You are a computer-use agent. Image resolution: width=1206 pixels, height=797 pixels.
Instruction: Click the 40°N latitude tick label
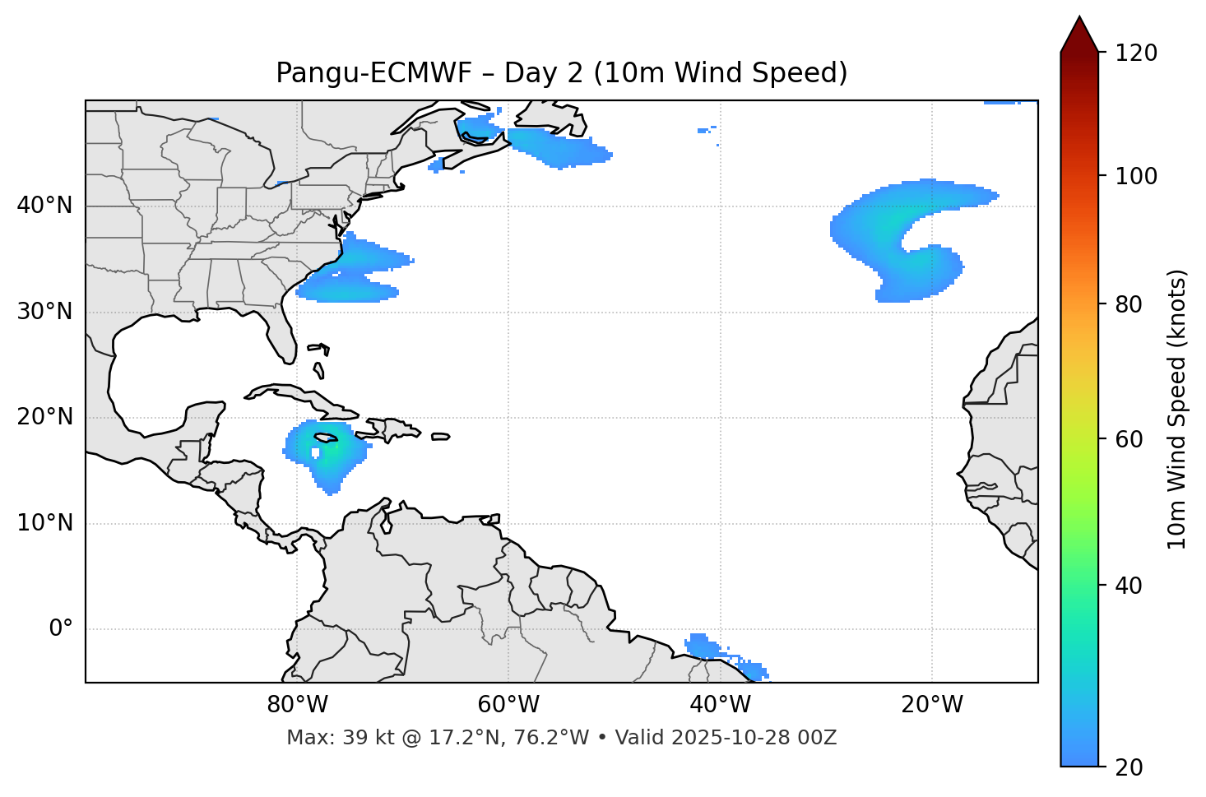(x=44, y=206)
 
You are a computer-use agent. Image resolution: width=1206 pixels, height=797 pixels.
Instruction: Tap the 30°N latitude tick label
(x=44, y=312)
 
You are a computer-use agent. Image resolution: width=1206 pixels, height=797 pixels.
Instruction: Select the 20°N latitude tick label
(x=44, y=417)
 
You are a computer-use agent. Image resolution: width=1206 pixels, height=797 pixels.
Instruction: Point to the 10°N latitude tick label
(x=44, y=523)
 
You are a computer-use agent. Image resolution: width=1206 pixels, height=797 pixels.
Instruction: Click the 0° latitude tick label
(x=61, y=629)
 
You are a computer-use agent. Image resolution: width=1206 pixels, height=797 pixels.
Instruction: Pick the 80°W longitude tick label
(x=297, y=705)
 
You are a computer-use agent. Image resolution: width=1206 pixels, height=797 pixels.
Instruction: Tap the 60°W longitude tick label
(x=508, y=705)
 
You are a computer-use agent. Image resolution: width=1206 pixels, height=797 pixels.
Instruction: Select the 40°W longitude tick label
(x=720, y=705)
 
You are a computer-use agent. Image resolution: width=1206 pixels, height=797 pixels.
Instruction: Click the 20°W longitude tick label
(x=931, y=705)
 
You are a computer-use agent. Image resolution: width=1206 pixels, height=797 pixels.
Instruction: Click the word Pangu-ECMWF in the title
(x=373, y=74)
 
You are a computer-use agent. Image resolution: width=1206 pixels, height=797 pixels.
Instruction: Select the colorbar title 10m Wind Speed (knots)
(x=1177, y=409)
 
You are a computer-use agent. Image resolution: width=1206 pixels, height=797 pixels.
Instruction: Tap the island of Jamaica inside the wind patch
(x=326, y=438)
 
